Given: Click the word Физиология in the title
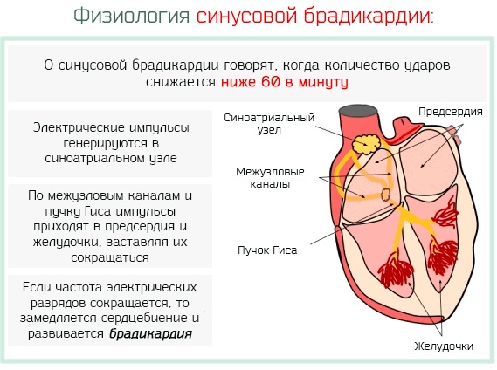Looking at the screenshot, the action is [x=132, y=16].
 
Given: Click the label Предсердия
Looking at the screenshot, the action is [x=451, y=112].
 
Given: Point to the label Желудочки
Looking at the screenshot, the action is [x=444, y=346].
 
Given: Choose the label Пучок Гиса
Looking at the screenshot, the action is [x=267, y=250].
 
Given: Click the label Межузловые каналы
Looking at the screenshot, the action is [x=270, y=178].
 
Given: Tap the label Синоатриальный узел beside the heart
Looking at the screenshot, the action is [x=269, y=124].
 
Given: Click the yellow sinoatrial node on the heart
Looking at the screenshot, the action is [x=366, y=145].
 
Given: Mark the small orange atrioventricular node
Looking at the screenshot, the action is [x=385, y=195].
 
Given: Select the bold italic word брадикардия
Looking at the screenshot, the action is [x=150, y=334].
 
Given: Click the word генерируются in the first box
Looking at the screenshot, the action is [x=106, y=143].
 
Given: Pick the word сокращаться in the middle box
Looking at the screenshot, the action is [x=110, y=257].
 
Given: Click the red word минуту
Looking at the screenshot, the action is [x=324, y=82].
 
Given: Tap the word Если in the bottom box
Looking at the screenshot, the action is [x=35, y=287].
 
